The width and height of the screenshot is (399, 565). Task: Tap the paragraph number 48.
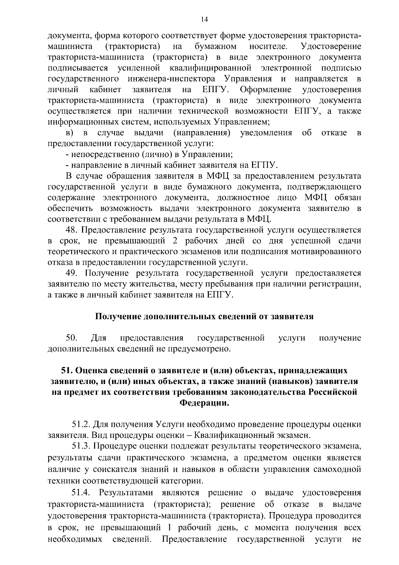[x=71, y=230]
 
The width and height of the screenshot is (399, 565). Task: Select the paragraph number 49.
[x=72, y=273]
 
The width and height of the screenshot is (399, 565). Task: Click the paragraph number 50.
[x=71, y=338]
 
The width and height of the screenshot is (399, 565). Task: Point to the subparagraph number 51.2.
[x=80, y=425]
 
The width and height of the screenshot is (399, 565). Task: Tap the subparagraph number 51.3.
[x=80, y=446]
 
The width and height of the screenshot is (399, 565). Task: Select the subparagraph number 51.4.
[x=80, y=492]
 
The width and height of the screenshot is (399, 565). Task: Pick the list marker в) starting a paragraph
[x=69, y=133]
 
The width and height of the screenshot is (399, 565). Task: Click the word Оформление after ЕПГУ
[x=265, y=90]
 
